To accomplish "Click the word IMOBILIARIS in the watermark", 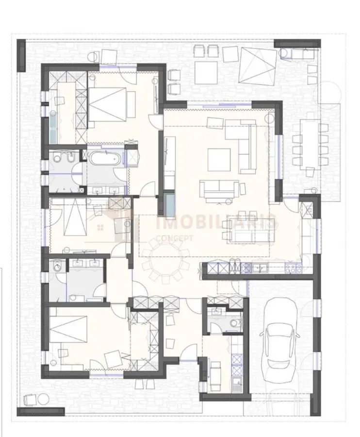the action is click(216, 222).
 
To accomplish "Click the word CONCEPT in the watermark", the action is click(175, 238).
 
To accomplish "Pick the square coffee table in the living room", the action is click(219, 160).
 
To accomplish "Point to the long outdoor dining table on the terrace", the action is click(310, 144).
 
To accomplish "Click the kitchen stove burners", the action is click(293, 268).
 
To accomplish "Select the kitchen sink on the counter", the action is click(260, 268).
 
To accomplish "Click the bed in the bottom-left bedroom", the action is click(68, 329).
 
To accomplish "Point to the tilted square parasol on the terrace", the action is click(258, 66).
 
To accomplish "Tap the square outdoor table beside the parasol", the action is click(206, 72).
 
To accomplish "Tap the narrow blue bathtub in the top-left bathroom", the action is click(53, 127).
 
